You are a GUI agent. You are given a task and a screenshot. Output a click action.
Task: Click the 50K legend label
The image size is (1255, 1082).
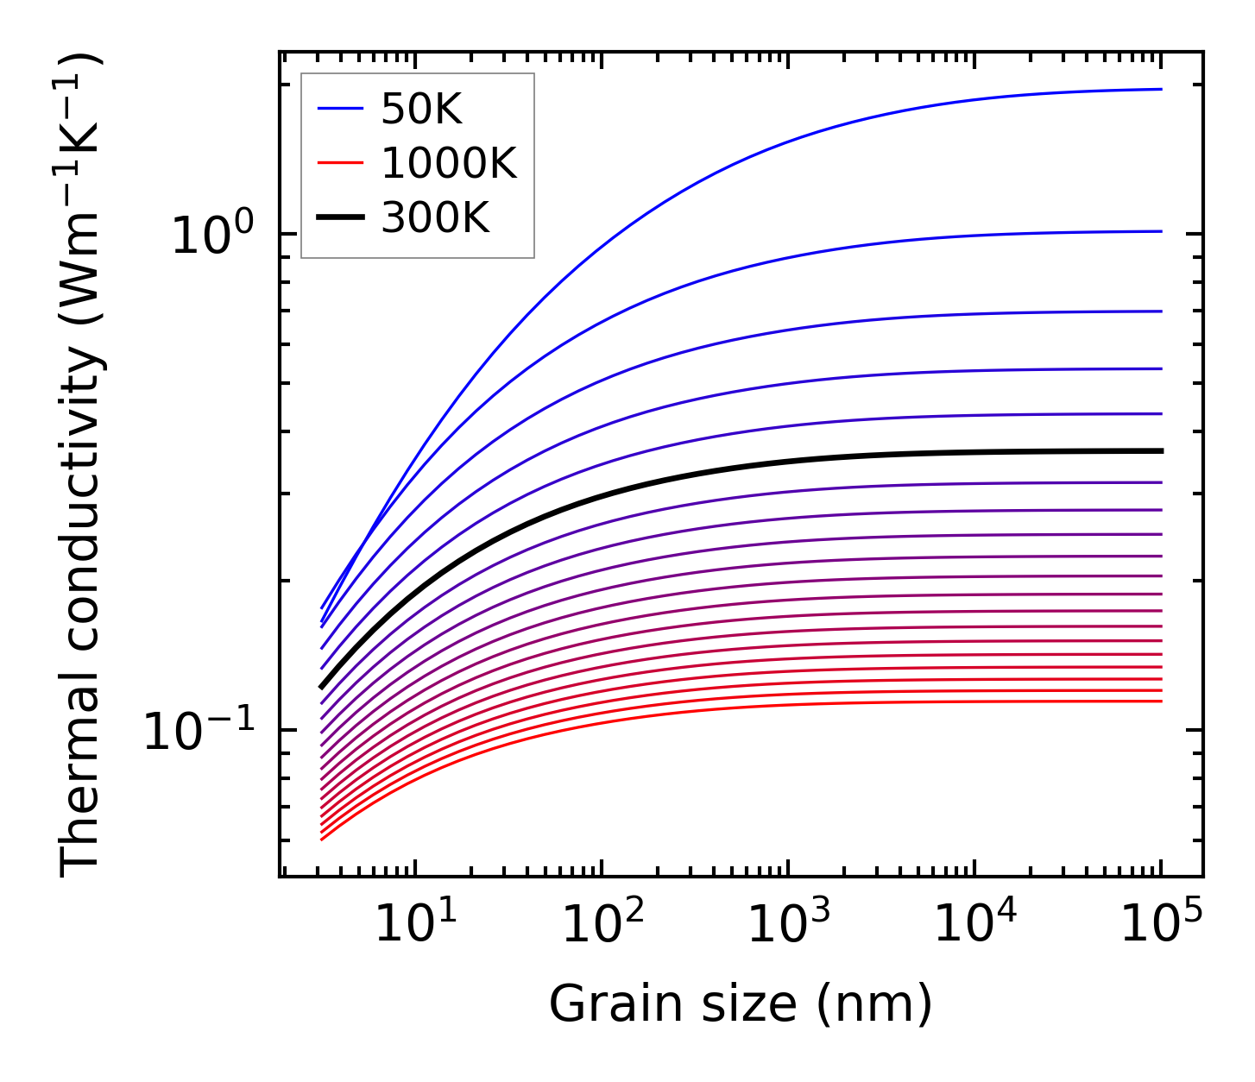pos(421,110)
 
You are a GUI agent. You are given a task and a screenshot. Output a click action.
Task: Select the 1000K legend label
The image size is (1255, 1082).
pos(449,163)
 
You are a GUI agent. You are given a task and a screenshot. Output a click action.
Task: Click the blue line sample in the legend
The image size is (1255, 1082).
pos(340,109)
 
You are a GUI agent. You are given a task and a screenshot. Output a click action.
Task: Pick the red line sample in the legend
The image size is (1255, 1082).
pos(340,163)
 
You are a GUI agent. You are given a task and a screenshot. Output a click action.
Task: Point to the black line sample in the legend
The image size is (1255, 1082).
pos(340,218)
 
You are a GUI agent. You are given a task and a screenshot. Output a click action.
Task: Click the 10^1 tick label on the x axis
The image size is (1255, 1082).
pos(416,926)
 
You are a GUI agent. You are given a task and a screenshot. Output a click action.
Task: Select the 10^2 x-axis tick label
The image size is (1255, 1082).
pos(602,926)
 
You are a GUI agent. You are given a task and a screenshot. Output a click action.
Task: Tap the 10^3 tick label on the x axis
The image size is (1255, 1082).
pos(789,926)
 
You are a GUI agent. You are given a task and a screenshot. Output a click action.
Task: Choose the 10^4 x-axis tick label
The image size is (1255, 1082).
pos(975,926)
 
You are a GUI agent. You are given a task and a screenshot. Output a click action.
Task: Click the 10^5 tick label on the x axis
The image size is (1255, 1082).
pos(1162,926)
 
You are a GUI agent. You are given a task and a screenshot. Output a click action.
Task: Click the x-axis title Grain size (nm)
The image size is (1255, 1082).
pos(741,1004)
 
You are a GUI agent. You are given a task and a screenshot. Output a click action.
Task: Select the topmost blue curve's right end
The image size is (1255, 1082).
pos(1161,89)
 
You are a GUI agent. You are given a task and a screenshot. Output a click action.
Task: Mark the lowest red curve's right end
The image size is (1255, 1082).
pos(1161,701)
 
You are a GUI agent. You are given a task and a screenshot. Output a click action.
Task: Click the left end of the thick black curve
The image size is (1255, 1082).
pos(322,687)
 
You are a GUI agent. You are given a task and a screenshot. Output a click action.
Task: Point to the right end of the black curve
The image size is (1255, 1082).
pos(1161,451)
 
